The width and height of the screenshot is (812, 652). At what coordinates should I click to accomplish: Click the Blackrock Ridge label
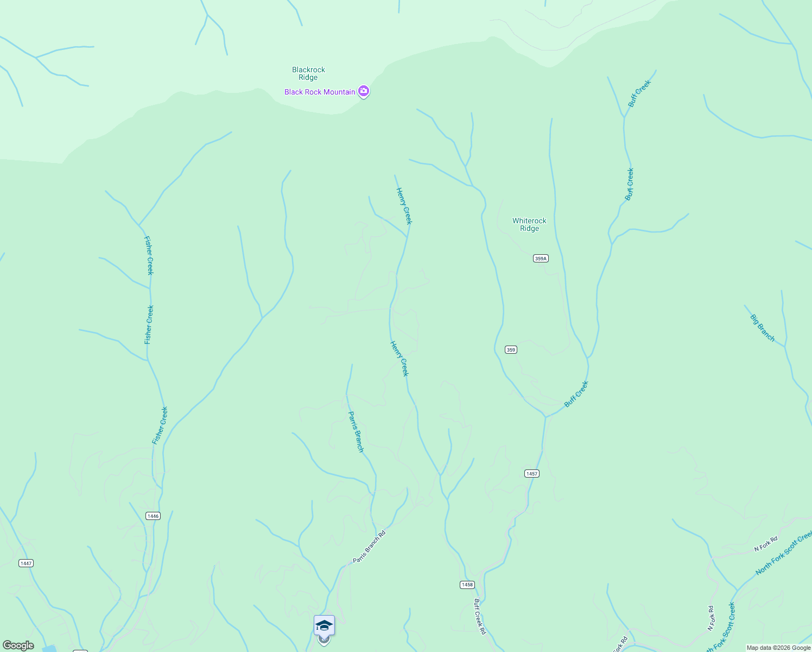pos(308,73)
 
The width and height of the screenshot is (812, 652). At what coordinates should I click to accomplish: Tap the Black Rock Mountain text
pos(320,92)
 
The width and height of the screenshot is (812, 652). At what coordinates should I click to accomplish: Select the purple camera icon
pos(364,92)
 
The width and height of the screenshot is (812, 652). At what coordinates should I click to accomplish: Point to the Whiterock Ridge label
pos(529,224)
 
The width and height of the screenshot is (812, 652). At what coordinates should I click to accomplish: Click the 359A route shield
pos(541,259)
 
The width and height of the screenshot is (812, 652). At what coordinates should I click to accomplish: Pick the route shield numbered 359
pos(511,349)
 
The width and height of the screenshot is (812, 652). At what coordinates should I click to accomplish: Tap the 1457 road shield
pos(532,474)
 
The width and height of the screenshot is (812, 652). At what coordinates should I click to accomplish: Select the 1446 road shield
pos(153,516)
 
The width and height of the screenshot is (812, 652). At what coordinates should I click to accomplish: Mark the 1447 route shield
pos(26,563)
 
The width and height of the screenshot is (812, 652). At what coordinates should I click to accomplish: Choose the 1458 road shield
pos(467,585)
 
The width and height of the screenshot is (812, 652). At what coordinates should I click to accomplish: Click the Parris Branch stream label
pos(356,431)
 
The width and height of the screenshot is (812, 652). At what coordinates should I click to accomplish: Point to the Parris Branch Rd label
pos(369,547)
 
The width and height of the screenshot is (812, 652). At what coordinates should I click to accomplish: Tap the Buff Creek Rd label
pos(480,617)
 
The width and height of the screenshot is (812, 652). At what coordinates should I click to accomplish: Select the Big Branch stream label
pos(763,328)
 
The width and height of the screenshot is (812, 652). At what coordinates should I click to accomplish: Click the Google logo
pos(18,645)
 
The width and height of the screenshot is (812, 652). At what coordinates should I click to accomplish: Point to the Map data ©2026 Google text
pos(778,648)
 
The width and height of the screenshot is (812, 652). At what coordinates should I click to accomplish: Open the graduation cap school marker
pos(324,626)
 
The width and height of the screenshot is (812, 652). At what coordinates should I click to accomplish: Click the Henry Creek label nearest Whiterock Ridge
pos(404,206)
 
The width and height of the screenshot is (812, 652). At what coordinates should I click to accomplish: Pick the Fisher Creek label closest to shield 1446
pos(160,425)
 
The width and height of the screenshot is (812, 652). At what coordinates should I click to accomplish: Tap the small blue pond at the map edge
pos(49,649)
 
